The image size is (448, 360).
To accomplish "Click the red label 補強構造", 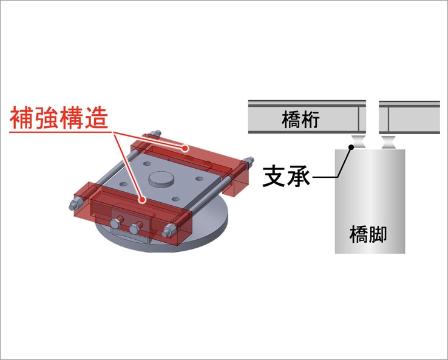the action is (x=59, y=118).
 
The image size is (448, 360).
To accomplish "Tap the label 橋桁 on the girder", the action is (x=300, y=120).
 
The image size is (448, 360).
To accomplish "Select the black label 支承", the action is (x=287, y=176).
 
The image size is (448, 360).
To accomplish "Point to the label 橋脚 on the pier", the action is (x=368, y=234).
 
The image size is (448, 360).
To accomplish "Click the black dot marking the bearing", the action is (x=351, y=147).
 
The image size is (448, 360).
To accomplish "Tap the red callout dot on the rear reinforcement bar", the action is (x=185, y=148).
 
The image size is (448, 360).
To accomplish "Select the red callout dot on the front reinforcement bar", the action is (x=142, y=200).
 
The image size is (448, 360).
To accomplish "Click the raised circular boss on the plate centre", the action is (x=161, y=179).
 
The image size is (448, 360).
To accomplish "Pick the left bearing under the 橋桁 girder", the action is (x=359, y=141).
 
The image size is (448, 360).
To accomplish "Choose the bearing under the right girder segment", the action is (x=389, y=141).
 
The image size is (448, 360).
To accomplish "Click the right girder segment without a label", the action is (x=409, y=117).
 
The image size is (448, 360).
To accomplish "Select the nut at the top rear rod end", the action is (x=155, y=134).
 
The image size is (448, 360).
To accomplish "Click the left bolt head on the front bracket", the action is (x=116, y=223).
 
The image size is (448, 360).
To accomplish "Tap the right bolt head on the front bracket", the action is (x=135, y=229).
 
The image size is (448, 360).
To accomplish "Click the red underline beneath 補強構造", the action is (x=60, y=132).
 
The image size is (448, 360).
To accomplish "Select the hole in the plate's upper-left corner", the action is (x=147, y=164).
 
